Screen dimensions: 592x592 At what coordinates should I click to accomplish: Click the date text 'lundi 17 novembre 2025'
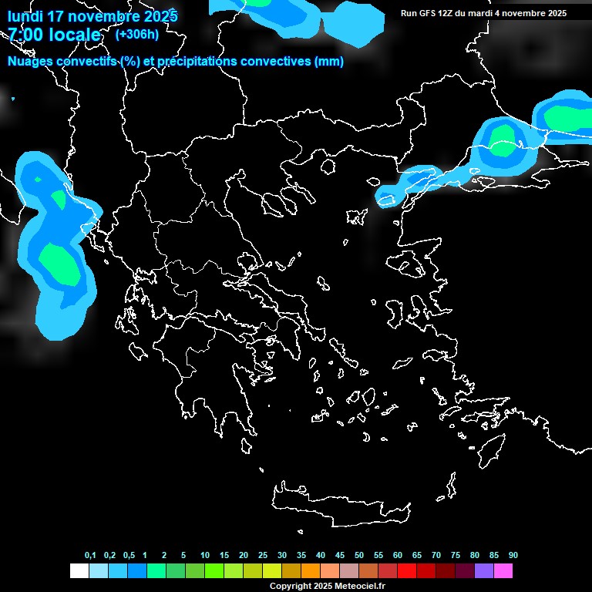(92, 15)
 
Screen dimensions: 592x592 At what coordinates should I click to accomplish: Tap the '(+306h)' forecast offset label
(136, 34)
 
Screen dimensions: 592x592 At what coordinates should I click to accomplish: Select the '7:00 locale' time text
(54, 35)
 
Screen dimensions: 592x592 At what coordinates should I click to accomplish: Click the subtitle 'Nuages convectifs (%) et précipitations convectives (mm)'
(176, 62)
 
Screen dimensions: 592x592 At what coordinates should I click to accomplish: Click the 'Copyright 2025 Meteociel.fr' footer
(327, 586)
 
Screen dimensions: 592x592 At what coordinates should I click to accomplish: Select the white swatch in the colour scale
(79, 571)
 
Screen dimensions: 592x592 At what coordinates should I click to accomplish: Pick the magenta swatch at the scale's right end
(503, 571)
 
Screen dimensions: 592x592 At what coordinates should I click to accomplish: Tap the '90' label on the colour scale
(513, 555)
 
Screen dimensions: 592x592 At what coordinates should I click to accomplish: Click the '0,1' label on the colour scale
(90, 555)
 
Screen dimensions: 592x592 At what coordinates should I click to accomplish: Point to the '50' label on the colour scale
(359, 555)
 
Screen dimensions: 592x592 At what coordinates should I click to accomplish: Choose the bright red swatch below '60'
(407, 571)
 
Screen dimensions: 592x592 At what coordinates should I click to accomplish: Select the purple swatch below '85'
(484, 571)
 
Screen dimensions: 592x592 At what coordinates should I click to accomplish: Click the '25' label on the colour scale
(263, 555)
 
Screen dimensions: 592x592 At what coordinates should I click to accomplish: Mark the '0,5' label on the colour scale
(129, 555)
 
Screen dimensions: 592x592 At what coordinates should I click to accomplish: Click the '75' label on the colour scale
(456, 555)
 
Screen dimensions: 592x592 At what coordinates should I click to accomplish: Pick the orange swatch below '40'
(311, 571)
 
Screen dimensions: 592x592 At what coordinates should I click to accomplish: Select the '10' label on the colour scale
(205, 555)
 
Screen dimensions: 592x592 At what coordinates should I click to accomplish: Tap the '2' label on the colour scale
(164, 555)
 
